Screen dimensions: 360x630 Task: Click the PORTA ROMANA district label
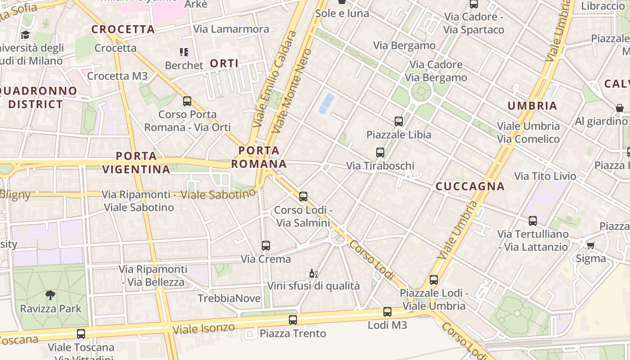point(259,157)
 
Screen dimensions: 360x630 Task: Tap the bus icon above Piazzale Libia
point(398,121)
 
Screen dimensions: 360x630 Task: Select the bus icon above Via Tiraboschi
point(380,153)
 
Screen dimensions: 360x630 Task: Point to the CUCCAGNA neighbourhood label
point(470,186)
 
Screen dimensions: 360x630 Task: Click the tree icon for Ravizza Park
point(50,295)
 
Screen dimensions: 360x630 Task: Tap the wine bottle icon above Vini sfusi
point(313,273)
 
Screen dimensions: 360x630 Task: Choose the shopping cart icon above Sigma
point(590,245)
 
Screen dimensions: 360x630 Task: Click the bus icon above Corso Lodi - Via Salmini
point(303,197)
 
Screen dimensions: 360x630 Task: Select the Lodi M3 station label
point(387,324)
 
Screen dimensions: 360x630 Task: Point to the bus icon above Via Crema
point(266,246)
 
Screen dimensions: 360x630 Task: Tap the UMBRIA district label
point(532,106)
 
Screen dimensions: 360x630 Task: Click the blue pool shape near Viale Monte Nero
point(327,103)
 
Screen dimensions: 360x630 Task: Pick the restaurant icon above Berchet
point(184,52)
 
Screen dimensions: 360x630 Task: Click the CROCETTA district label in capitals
point(123,30)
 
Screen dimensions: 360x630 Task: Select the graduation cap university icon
point(25,35)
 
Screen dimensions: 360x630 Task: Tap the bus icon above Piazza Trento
point(293,320)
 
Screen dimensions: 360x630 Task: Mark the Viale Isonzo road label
point(204,328)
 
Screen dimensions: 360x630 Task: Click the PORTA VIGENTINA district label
point(136,163)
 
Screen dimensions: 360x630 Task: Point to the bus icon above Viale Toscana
point(81,334)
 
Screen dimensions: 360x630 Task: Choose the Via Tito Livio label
point(545,176)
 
